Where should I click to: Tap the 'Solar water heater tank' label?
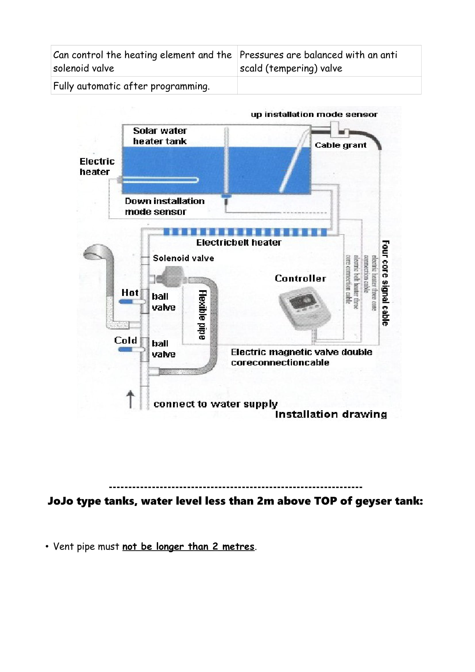click(x=160, y=136)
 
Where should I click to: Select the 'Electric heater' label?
click(x=97, y=167)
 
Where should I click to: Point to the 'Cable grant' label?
click(x=340, y=145)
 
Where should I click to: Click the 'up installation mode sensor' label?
click(x=314, y=114)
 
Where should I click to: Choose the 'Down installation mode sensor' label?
click(x=164, y=206)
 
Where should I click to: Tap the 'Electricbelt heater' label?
click(x=239, y=242)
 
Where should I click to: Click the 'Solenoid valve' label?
click(x=183, y=258)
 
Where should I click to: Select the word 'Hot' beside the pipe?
click(x=130, y=292)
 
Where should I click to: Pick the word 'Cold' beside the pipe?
click(x=126, y=340)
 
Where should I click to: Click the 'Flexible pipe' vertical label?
click(x=203, y=315)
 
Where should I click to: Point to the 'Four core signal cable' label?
click(x=385, y=283)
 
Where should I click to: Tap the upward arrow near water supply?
click(x=130, y=399)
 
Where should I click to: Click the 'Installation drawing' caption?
click(x=331, y=414)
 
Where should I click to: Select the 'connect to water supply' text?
click(x=216, y=404)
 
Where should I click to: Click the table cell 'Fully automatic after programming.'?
click(x=131, y=86)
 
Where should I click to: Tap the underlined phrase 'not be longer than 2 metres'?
click(x=188, y=546)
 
